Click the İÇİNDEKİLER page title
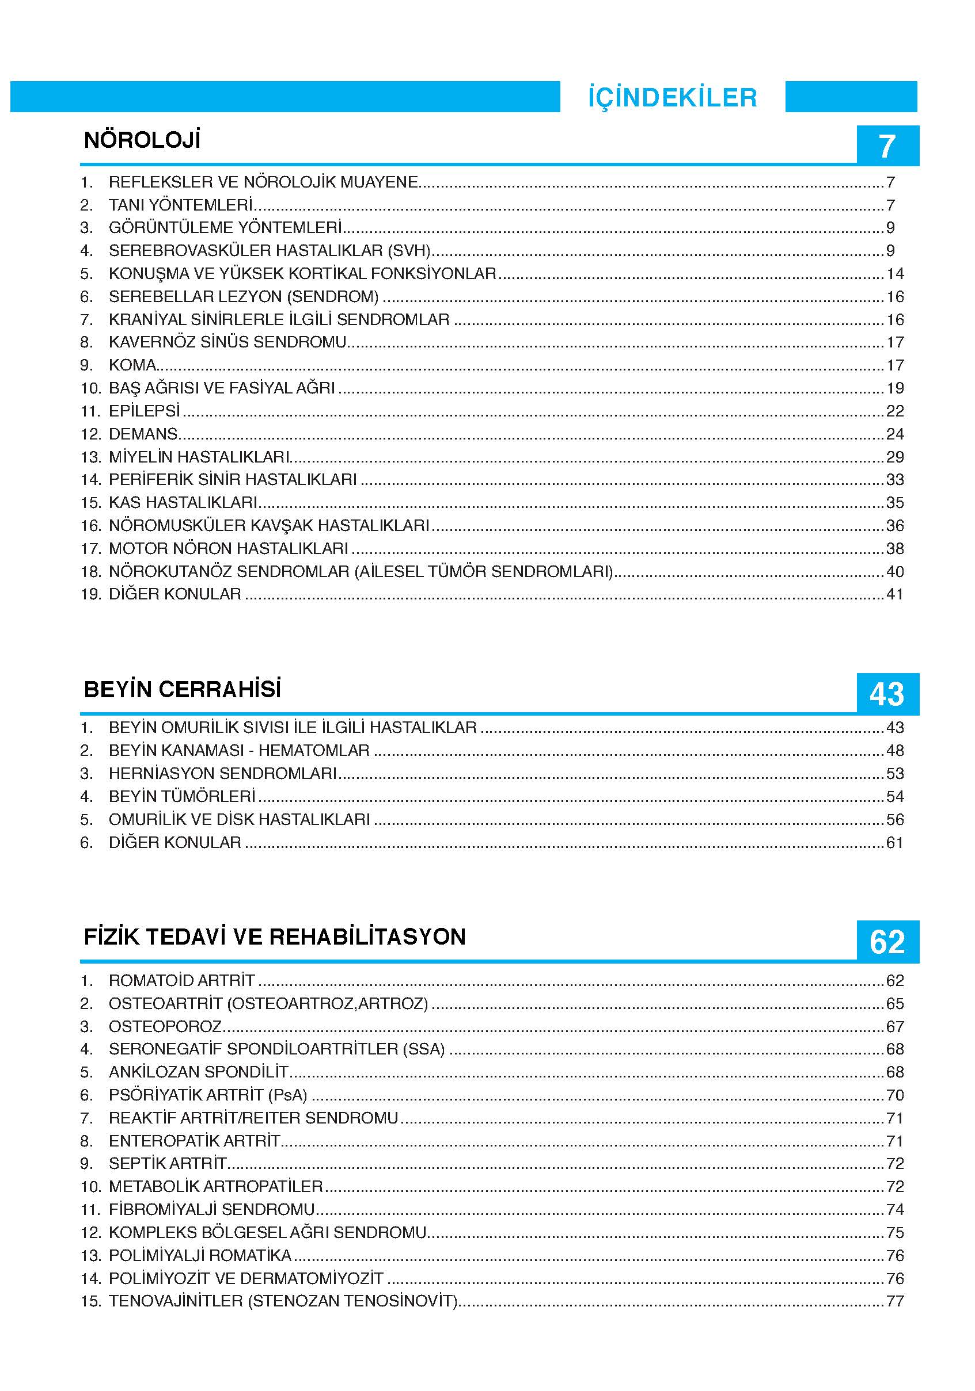672,98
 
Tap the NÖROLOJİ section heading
142,140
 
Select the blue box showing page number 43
886,694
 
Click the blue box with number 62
886,942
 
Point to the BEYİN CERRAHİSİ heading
182,689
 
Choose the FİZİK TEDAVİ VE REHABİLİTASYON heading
274,937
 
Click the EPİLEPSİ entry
145,411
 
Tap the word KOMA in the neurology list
132,365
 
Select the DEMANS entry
143,434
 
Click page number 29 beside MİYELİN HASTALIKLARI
894,457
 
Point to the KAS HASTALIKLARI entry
183,502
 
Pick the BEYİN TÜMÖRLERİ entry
182,796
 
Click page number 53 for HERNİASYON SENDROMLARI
894,774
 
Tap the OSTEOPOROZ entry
165,1026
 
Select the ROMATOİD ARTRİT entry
182,980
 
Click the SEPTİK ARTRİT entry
168,1163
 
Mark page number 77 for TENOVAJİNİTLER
894,1301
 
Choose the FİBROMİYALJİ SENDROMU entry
211,1209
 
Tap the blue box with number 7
886,146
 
